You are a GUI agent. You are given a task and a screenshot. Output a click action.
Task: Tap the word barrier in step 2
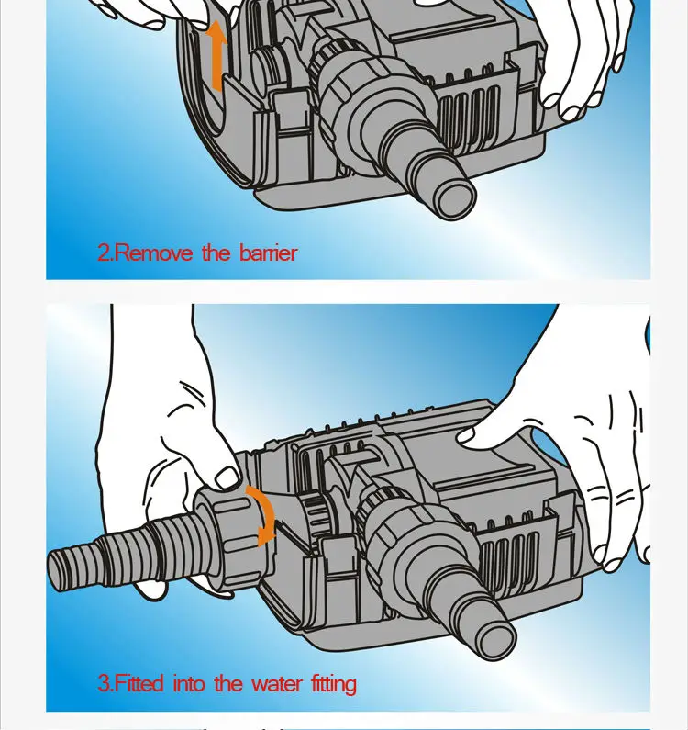[x=269, y=253]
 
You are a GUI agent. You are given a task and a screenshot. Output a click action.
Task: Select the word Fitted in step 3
[x=139, y=683]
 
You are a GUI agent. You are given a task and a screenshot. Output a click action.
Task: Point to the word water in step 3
[x=276, y=684]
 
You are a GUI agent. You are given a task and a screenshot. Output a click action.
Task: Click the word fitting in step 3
[x=334, y=684]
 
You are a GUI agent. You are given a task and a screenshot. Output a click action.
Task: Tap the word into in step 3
[x=189, y=683]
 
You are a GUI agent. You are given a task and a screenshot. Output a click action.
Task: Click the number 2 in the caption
[x=105, y=253]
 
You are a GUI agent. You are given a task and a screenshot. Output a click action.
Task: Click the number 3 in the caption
[x=105, y=683]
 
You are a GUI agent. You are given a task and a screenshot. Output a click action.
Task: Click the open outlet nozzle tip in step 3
[x=497, y=641]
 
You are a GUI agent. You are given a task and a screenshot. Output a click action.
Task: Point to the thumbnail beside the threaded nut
[x=227, y=477]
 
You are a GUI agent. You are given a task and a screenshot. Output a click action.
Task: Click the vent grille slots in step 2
[x=468, y=114]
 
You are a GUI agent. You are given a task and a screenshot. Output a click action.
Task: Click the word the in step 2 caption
[x=216, y=253]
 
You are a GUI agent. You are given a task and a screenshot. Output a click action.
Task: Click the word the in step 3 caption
[x=227, y=683]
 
